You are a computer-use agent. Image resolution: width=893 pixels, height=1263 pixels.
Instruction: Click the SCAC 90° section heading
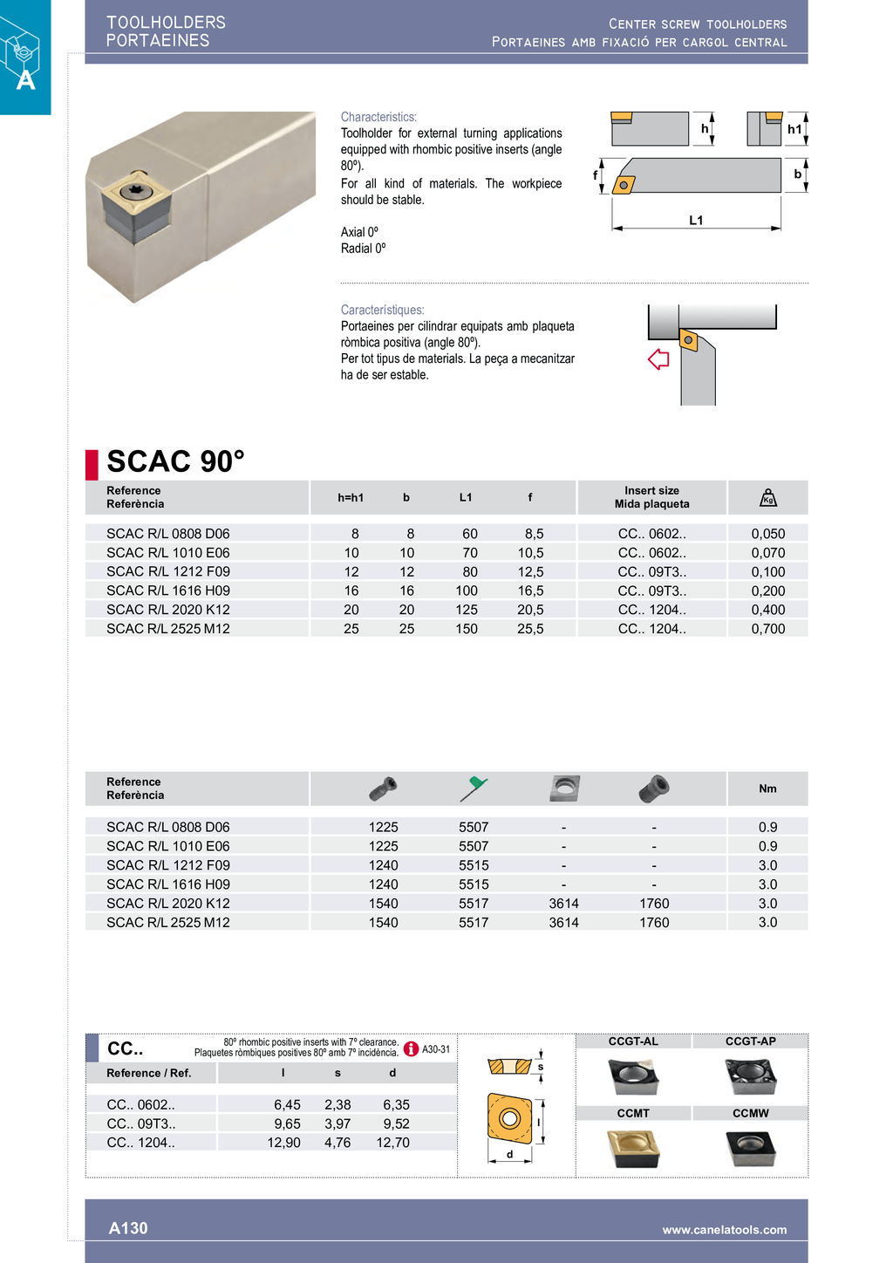(175, 461)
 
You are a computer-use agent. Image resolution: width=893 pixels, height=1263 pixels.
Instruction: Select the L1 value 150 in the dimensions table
(467, 629)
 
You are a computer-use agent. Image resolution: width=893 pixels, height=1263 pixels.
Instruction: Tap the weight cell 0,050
(767, 534)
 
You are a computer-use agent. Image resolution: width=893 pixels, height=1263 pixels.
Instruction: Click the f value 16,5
(530, 591)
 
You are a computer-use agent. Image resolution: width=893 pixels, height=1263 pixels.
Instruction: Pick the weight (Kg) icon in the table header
(767, 497)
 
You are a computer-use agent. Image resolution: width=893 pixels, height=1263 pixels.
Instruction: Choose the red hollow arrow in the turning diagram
(658, 359)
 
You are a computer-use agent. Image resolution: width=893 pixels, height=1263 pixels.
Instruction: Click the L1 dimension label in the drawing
(696, 221)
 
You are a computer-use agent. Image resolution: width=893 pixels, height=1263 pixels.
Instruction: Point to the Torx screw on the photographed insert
(137, 189)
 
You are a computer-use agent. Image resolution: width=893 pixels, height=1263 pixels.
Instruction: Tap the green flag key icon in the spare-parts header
(474, 788)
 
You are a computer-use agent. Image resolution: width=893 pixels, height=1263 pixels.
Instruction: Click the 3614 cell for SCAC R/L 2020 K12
(563, 904)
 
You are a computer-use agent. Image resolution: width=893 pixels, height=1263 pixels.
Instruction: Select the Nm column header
(767, 789)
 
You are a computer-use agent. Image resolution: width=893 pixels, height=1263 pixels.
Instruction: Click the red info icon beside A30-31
(412, 1049)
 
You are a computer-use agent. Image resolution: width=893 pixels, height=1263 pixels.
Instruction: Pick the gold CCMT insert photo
(633, 1148)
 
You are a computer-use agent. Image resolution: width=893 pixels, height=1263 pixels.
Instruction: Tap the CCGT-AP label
(750, 1041)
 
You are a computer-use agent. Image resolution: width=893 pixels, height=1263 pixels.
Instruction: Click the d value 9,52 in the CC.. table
(396, 1123)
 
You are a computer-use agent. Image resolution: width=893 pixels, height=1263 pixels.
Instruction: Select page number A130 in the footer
(128, 1228)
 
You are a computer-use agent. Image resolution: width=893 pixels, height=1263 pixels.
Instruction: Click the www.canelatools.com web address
(724, 1230)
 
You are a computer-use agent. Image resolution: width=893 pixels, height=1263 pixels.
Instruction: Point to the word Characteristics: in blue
(378, 117)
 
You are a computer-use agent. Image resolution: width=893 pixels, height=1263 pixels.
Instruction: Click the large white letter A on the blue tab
(26, 80)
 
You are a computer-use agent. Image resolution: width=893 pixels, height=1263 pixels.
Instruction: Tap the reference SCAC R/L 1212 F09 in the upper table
(168, 572)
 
